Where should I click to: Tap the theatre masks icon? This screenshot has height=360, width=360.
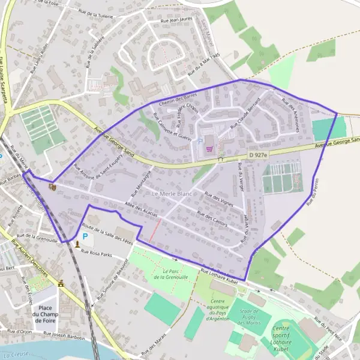point(51,187)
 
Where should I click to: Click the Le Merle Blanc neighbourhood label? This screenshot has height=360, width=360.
point(172,194)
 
